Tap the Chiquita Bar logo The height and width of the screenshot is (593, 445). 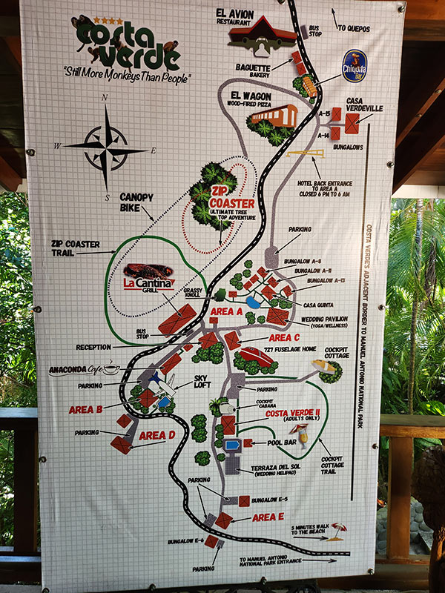355,65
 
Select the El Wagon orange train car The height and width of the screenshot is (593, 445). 274,116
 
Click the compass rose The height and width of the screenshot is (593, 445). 106,146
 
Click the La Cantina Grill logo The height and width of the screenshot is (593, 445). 149,279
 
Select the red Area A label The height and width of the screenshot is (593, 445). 227,312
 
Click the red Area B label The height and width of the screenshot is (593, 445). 85,409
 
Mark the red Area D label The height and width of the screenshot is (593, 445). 156,435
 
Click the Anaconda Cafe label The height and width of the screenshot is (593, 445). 83,370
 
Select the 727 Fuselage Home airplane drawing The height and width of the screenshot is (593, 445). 257,356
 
